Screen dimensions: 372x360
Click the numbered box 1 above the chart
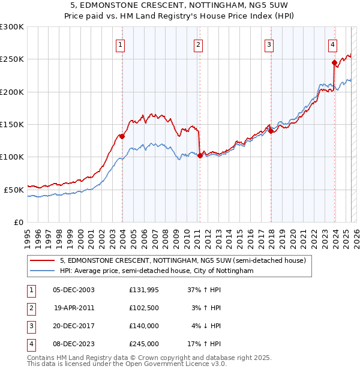click(121, 44)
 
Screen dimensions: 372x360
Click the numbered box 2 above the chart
click(198, 44)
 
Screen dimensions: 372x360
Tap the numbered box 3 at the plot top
click(269, 44)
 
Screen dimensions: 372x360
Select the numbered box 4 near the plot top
click(332, 44)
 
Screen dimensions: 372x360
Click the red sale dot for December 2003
click(122, 136)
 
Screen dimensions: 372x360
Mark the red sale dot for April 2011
click(200, 155)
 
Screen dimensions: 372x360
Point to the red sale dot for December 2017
click(271, 131)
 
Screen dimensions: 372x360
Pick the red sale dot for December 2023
click(334, 62)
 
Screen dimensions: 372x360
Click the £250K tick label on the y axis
click(12, 59)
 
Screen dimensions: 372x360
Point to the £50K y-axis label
click(14, 190)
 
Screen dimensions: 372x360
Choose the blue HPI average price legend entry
click(157, 271)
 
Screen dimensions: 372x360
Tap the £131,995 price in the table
click(144, 290)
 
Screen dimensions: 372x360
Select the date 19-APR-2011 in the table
click(74, 308)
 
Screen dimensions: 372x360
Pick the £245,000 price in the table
click(144, 344)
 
